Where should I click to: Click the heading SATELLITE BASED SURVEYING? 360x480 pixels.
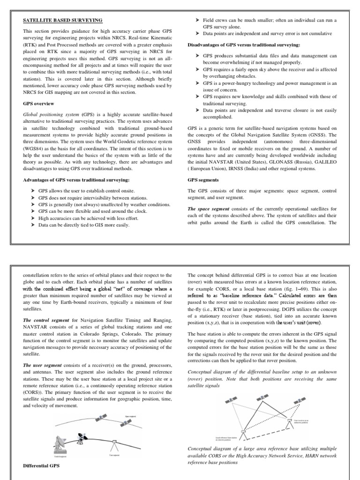(63, 20)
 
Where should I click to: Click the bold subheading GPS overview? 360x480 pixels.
(39, 103)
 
